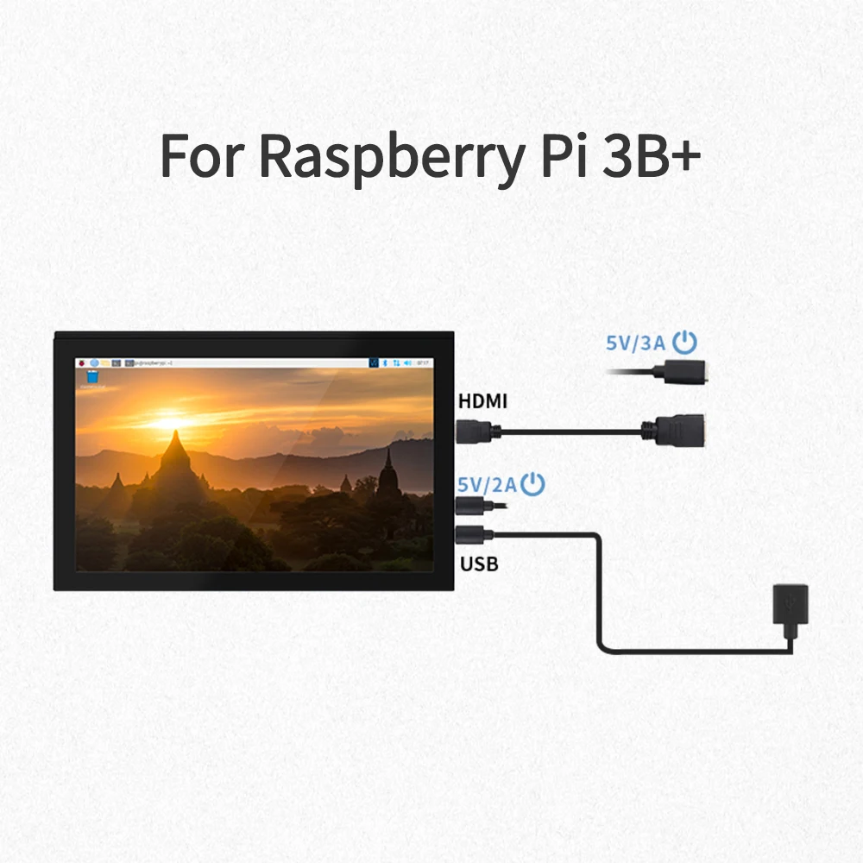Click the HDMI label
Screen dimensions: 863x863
pyautogui.click(x=482, y=400)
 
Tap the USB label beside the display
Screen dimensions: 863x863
pyautogui.click(x=479, y=565)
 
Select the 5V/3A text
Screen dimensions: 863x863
pyautogui.click(x=636, y=343)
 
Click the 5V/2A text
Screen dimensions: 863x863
pyautogui.click(x=487, y=485)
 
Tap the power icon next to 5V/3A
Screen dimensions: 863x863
pyautogui.click(x=684, y=343)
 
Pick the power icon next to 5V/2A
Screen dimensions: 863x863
pyautogui.click(x=534, y=484)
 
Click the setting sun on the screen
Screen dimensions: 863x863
pyautogui.click(x=167, y=422)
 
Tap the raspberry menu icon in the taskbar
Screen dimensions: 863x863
pyautogui.click(x=83, y=362)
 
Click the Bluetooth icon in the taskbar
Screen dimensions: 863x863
pyautogui.click(x=387, y=362)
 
